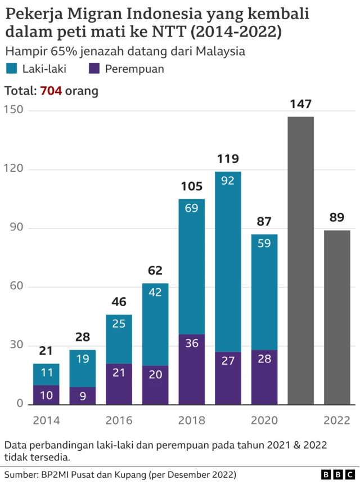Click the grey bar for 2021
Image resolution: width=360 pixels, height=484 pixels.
[300, 260]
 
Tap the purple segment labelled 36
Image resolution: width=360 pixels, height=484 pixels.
[192, 369]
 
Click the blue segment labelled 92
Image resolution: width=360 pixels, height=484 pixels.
[228, 262]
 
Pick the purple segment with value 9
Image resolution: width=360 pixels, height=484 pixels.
[83, 396]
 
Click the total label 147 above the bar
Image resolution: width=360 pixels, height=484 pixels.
[300, 104]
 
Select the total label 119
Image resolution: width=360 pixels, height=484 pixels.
[228, 159]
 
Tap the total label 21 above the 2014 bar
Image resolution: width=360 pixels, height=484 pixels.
[46, 351]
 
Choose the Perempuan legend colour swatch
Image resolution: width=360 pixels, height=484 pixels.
[95, 69]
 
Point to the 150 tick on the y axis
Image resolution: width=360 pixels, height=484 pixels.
[14, 110]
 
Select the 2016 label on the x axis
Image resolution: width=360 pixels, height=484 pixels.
[119, 420]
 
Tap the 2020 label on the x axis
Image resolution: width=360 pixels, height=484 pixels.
[264, 420]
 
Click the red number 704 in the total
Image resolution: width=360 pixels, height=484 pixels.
[51, 90]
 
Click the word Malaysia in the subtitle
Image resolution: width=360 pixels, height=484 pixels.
[220, 51]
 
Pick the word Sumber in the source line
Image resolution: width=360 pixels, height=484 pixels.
[21, 474]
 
